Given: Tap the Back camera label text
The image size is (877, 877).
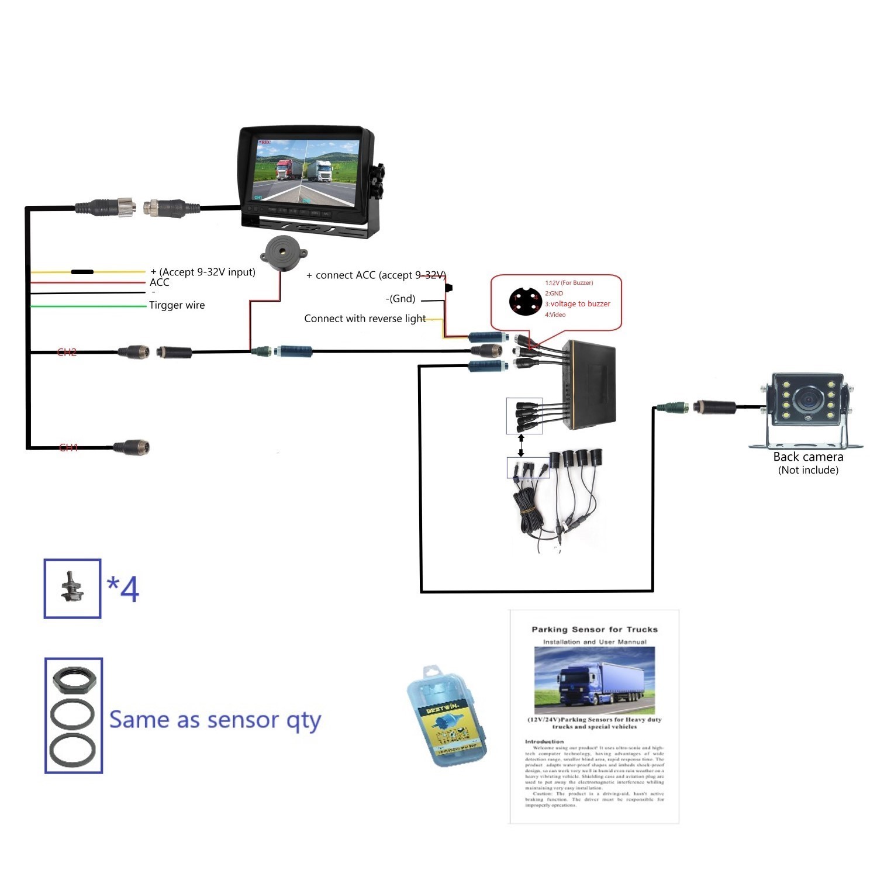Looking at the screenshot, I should point(808,457).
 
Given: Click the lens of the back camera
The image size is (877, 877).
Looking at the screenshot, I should point(808,400).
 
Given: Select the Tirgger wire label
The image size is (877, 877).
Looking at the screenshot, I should point(177,305).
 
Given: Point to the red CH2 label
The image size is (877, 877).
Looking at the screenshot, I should point(67,352).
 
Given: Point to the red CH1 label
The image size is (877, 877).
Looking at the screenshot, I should point(68,448).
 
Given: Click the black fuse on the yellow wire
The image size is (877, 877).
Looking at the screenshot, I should point(82,272).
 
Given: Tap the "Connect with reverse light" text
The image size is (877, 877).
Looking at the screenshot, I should point(365,319).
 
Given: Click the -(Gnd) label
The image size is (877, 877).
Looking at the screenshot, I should point(400,299).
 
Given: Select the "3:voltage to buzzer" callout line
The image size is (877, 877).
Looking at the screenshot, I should point(578,304).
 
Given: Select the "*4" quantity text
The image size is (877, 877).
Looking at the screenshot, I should point(123,589).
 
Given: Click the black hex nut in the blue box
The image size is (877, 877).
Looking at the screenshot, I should point(73,679).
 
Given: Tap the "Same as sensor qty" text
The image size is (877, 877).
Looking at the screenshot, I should point(215,720).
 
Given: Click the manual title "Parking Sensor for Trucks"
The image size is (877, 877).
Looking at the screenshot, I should point(595,630).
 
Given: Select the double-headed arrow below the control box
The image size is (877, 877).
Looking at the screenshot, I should point(521,445).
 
